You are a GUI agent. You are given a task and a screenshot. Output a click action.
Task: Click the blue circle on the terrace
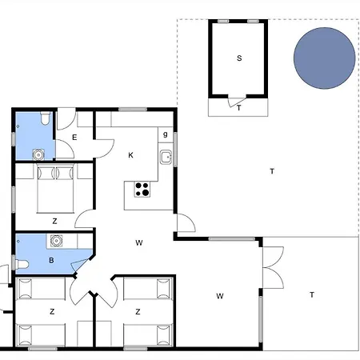325,58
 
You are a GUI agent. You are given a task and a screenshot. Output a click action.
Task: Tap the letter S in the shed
239,58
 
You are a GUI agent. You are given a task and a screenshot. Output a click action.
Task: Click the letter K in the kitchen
130,155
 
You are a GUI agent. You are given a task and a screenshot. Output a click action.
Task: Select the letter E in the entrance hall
74,138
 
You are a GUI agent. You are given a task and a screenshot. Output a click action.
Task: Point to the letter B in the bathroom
51,260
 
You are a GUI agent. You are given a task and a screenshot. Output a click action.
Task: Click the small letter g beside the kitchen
166,134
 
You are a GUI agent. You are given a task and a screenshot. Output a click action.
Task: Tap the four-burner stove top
142,189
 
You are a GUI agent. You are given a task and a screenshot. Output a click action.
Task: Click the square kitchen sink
166,158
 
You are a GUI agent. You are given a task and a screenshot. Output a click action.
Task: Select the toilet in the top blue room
46,118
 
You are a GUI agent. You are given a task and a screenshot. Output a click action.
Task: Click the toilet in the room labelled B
22,264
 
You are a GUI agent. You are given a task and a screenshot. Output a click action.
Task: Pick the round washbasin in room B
56,241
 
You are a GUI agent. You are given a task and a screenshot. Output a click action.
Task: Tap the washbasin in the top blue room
38,154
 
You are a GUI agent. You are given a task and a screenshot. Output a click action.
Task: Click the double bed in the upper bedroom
55,189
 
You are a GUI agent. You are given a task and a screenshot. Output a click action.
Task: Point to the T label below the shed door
239,108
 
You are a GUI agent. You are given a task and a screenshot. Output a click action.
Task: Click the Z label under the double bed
54,221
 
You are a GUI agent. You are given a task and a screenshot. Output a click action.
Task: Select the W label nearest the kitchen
139,242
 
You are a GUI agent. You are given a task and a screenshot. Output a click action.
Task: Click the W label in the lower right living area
220,296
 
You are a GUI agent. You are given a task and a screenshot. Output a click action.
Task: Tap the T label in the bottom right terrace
312,295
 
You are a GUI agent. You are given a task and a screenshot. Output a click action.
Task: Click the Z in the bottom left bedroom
52,311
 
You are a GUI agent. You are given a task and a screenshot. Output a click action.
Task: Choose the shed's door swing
236,102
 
